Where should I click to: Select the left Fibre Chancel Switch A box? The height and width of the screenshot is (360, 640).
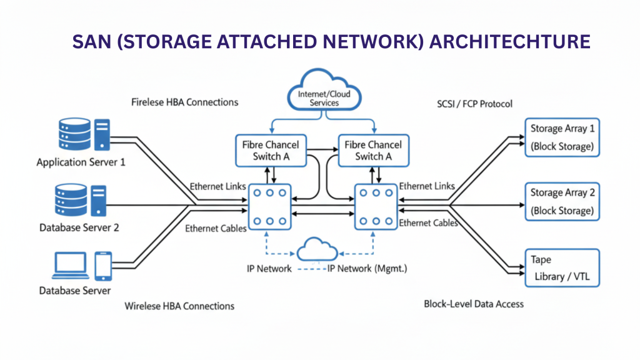tap(271, 151)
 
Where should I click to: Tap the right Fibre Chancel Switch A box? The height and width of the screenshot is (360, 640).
tap(373, 151)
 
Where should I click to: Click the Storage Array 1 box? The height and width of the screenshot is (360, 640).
tap(561, 137)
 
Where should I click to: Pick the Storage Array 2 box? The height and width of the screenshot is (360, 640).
tap(561, 201)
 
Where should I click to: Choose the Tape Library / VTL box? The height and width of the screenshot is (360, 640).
tap(561, 267)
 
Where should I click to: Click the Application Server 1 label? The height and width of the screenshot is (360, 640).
tap(81, 162)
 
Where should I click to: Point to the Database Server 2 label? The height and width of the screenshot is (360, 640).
tap(79, 227)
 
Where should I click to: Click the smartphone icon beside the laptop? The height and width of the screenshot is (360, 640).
tap(103, 266)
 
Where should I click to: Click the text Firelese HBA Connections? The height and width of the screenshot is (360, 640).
tap(185, 102)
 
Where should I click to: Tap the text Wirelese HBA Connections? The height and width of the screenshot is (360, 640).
tap(179, 306)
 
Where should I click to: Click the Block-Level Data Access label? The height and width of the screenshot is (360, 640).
tap(474, 304)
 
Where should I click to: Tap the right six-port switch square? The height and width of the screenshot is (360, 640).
tap(376, 206)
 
